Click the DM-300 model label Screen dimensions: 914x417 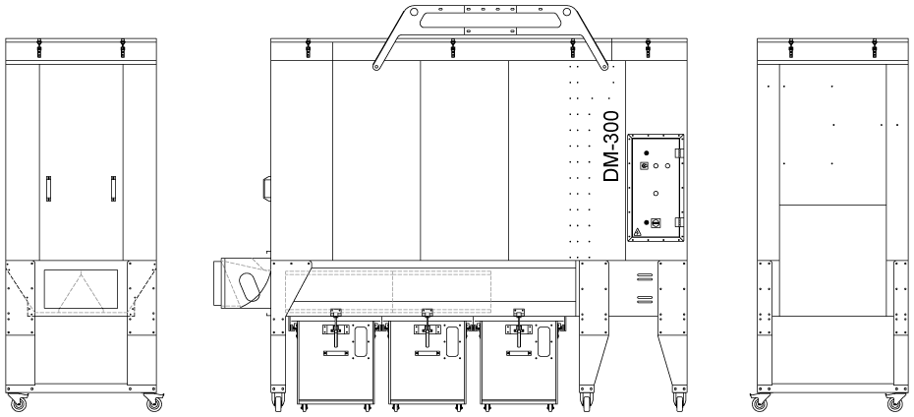tap(611, 147)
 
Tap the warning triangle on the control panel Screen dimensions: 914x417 tap(637, 232)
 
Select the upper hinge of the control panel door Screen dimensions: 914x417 tap(678, 152)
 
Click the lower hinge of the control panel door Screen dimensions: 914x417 tap(678, 222)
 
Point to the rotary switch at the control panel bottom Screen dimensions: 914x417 tap(656, 223)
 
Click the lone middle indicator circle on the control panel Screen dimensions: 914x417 tap(656, 193)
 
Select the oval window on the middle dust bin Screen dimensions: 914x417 tap(452, 342)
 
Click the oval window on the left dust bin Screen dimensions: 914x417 tap(361, 342)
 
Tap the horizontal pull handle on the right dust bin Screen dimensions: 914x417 tap(518, 353)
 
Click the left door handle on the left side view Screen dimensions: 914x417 tap(48, 189)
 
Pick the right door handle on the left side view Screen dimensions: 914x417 tap(113, 189)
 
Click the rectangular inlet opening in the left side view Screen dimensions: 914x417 tap(81, 289)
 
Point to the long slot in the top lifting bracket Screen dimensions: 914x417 tap(490, 21)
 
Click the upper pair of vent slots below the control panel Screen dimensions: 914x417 tap(644, 276)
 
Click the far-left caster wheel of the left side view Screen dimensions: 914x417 tap(19, 403)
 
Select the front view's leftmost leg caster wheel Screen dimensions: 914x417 tap(277, 401)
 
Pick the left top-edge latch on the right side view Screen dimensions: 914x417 tap(791, 48)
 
